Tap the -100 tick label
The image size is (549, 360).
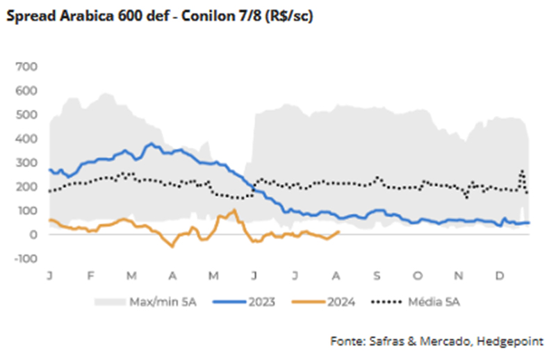tap(25, 259)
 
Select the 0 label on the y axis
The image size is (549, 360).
tap(33, 235)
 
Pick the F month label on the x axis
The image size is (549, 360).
tap(90, 276)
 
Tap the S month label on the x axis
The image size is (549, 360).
tap(377, 276)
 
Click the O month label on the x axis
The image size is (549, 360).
tap(417, 276)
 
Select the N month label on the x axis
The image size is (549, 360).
tap(459, 276)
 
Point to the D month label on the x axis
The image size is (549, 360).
tap(499, 276)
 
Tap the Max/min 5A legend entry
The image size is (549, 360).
tap(154, 302)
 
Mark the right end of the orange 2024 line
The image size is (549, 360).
tap(338, 232)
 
